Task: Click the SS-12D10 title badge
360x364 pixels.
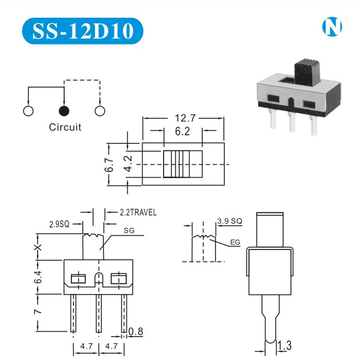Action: pos(82,31)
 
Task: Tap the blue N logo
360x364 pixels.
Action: pos(332,27)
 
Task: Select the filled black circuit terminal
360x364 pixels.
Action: pos(64,111)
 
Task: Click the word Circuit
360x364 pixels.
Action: pos(65,127)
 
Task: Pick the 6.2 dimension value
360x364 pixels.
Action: pos(182,131)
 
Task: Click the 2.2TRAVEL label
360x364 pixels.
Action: pos(138,212)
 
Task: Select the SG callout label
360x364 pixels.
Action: pos(129,230)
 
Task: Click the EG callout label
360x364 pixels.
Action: pos(235,242)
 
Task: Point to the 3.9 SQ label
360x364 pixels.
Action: pos(230,221)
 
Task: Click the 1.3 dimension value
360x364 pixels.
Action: pos(285,346)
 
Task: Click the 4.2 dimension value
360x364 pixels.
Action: pos(128,165)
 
